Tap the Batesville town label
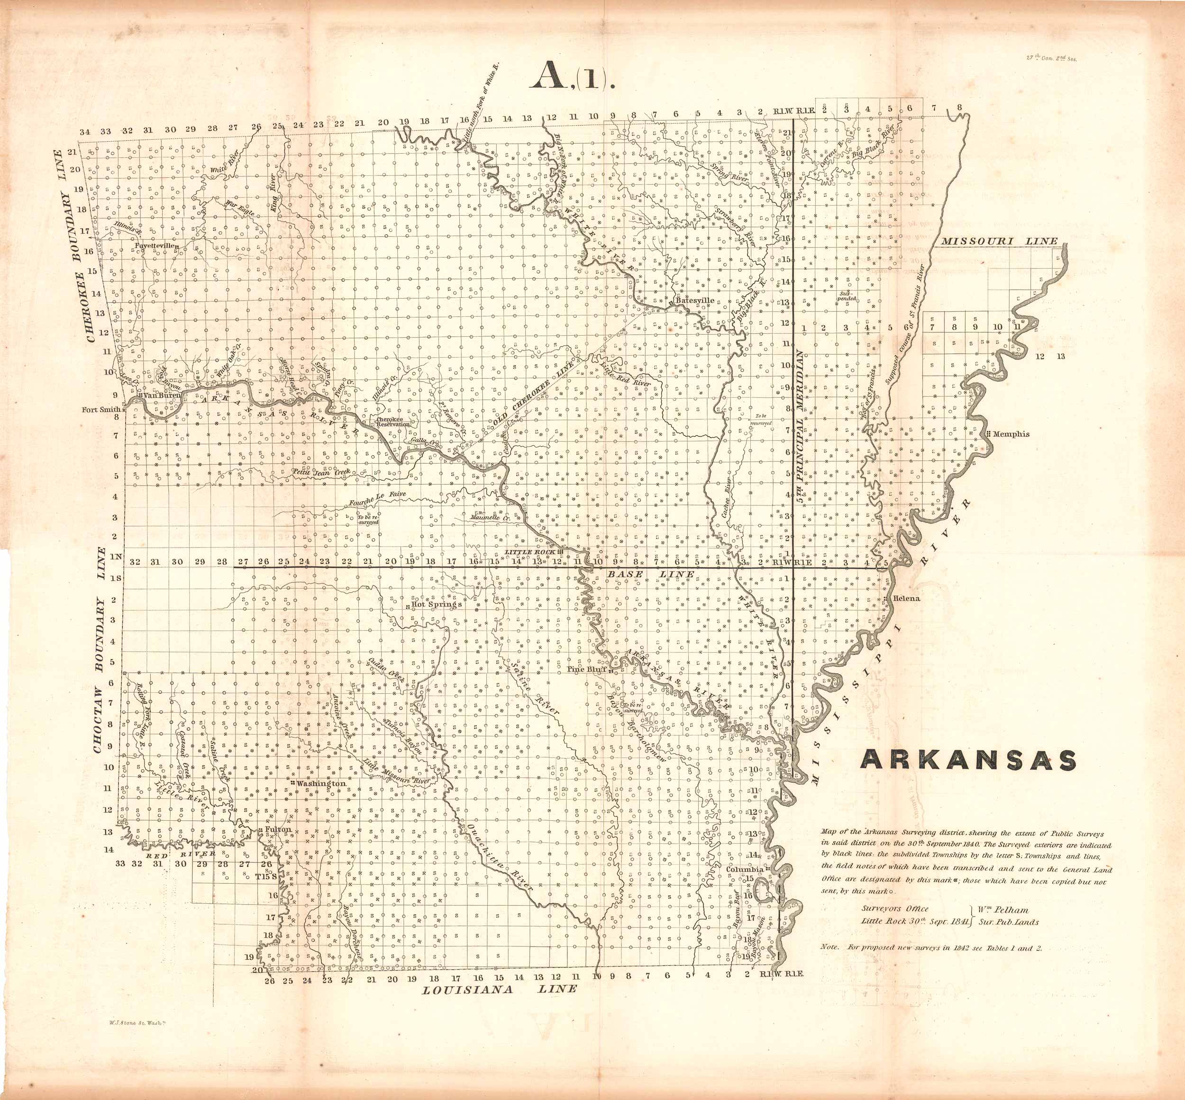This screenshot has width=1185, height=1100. click(x=695, y=301)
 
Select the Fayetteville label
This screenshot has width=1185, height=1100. click(x=155, y=245)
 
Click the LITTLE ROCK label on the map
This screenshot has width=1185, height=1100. click(x=530, y=552)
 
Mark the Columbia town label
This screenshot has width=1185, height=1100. click(x=744, y=870)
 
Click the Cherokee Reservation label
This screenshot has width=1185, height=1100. click(x=393, y=422)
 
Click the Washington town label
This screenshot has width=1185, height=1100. click(x=321, y=784)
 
